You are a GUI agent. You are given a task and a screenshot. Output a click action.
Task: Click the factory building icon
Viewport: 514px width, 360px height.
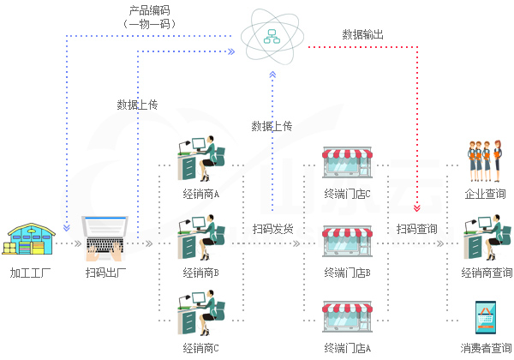pyautogui.click(x=31, y=239)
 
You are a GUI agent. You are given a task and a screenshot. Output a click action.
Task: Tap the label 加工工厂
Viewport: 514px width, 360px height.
pyautogui.click(x=31, y=273)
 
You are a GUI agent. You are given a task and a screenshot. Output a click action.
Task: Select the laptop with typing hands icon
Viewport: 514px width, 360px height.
pyautogui.click(x=107, y=237)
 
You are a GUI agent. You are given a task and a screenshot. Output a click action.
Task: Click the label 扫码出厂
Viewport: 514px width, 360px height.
pyautogui.click(x=107, y=273)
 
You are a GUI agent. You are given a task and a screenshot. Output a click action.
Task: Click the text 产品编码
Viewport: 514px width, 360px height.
pyautogui.click(x=150, y=10)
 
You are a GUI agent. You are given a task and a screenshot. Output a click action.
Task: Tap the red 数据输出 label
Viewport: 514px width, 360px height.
pyautogui.click(x=363, y=35)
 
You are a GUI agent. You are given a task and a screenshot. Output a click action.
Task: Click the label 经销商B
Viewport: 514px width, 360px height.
pyautogui.click(x=201, y=273)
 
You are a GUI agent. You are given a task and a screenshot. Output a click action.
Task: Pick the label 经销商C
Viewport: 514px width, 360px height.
pyautogui.click(x=201, y=348)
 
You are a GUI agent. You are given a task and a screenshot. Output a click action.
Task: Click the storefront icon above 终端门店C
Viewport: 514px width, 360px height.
pyautogui.click(x=347, y=163)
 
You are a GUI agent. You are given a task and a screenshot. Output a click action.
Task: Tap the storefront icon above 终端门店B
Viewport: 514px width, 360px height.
pyautogui.click(x=347, y=242)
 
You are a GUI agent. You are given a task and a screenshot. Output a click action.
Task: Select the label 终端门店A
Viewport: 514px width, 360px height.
pyautogui.click(x=347, y=348)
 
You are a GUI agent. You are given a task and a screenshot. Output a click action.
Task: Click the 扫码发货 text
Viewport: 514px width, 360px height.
pyautogui.click(x=272, y=229)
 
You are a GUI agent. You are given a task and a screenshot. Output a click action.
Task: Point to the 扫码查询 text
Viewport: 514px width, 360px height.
pyautogui.click(x=417, y=229)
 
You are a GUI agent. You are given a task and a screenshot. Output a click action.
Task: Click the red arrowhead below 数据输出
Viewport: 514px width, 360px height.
pyautogui.click(x=417, y=207)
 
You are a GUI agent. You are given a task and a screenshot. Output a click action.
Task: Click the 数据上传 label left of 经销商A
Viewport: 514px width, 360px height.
pyautogui.click(x=137, y=105)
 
